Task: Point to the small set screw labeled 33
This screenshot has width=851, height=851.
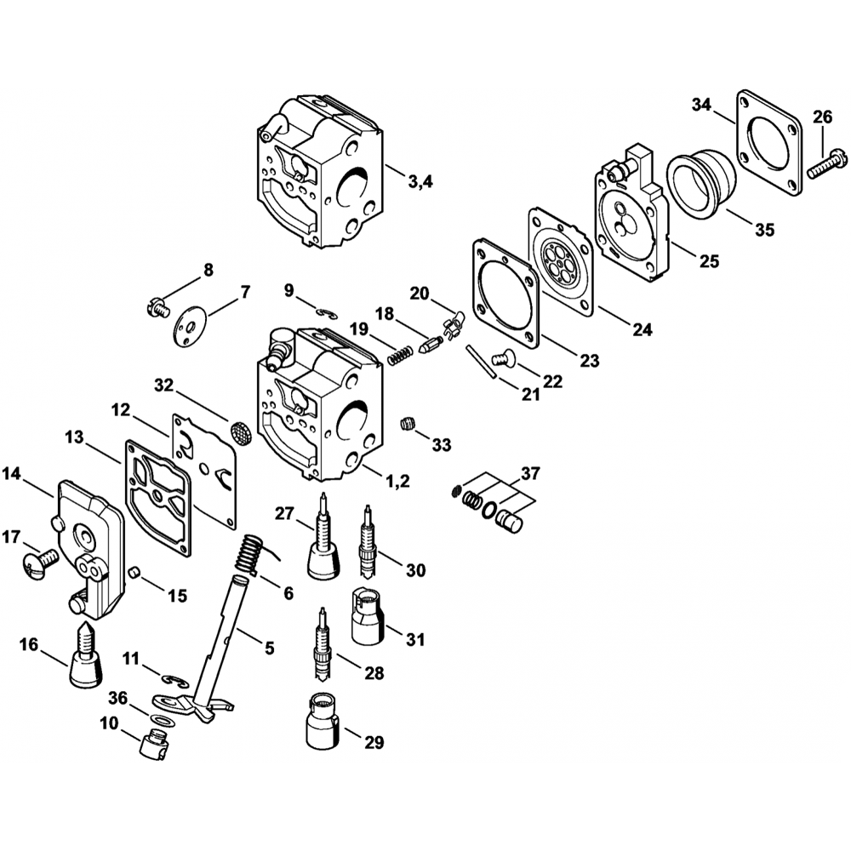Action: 408,423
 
